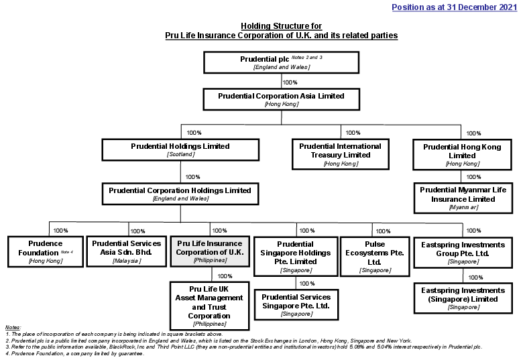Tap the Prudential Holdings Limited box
(180, 149)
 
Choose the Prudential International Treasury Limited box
(340, 154)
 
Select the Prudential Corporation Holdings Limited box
(180, 194)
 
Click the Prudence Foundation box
(45, 251)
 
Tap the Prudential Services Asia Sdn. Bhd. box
(126, 251)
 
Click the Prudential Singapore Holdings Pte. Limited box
(295, 256)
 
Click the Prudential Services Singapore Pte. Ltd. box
(296, 304)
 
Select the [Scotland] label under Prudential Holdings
(180, 155)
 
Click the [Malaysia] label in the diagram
(126, 260)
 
